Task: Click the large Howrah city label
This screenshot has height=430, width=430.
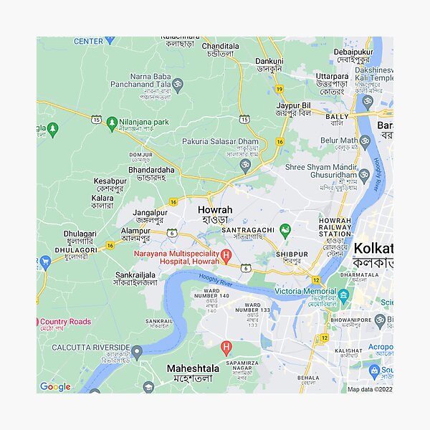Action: (214, 210)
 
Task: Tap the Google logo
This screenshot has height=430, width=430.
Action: (55, 387)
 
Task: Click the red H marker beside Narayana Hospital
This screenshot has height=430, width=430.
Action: (226, 255)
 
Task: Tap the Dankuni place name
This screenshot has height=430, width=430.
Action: (269, 62)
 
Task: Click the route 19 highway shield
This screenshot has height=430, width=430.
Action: (279, 88)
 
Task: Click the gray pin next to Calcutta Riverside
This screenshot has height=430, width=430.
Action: (137, 351)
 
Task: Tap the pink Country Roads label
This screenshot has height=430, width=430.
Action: (65, 322)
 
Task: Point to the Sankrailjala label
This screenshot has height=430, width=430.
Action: (135, 274)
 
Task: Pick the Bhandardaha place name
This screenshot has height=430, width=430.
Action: (151, 170)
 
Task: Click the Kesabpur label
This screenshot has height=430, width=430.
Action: (110, 181)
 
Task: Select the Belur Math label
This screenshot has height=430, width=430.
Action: (339, 140)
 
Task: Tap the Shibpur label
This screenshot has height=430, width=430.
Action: (292, 254)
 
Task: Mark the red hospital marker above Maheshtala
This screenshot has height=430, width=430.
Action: (227, 349)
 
